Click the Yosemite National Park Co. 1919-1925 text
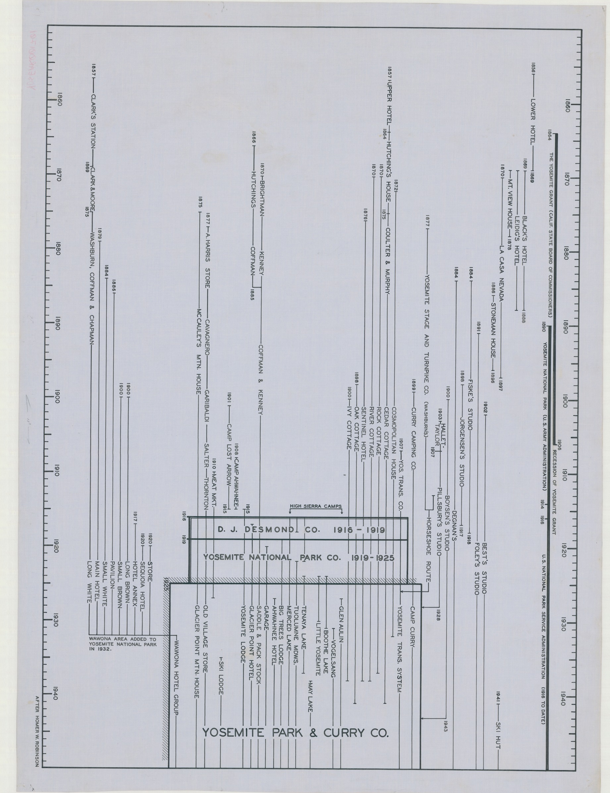[299, 557]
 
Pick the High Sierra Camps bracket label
[315, 506]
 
